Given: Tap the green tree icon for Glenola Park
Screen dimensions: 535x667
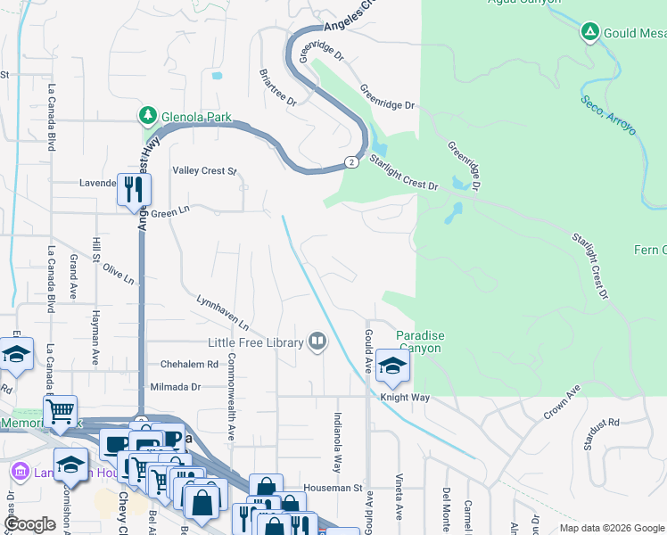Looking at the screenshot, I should click(147, 116).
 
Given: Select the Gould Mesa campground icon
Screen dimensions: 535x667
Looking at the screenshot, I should click(589, 33).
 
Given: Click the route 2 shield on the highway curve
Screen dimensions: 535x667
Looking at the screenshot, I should click(352, 162).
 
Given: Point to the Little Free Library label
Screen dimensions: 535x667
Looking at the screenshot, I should click(256, 342).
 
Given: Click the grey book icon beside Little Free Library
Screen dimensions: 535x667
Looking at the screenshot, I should click(317, 342).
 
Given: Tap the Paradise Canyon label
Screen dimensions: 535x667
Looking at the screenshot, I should click(419, 342).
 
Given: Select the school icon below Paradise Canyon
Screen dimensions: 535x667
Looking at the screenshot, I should click(392, 366).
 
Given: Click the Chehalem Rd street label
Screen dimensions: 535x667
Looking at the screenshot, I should click(189, 365).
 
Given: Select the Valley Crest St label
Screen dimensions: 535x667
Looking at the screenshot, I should click(205, 170).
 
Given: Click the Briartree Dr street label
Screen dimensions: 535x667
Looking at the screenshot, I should click(277, 87).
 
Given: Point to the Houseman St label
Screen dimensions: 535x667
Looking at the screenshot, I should click(332, 489).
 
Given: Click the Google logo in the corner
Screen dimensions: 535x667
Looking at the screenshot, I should click(30, 524).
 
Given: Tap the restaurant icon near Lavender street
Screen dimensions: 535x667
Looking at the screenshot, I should click(134, 190).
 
